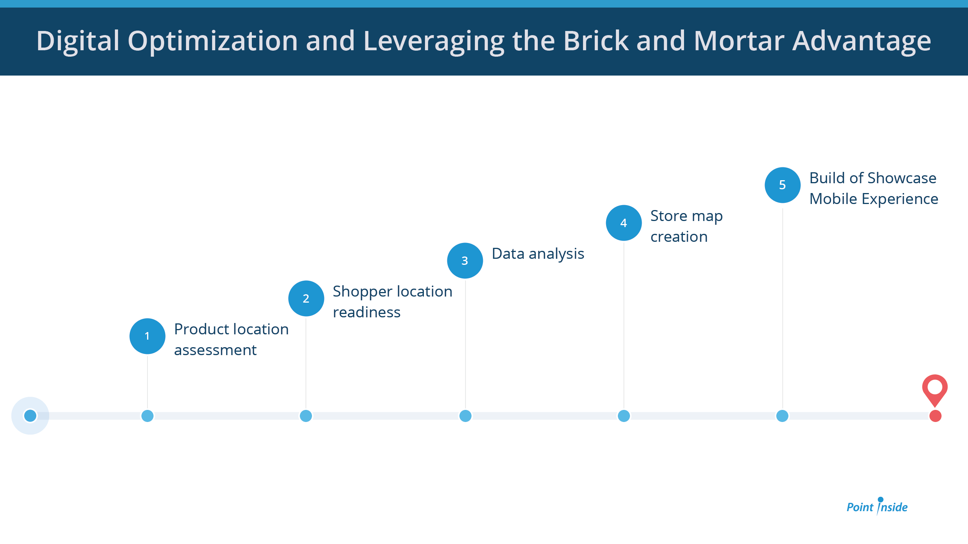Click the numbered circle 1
click(x=147, y=336)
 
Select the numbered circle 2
click(x=306, y=298)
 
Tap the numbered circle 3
click(x=465, y=261)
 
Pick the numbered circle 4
click(x=624, y=223)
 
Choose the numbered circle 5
click(x=783, y=185)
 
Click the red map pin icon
click(x=935, y=389)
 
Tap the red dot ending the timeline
click(x=935, y=416)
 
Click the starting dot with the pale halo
click(x=30, y=416)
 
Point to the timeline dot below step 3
click(x=465, y=416)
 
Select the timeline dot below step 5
click(x=782, y=416)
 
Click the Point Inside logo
click(x=877, y=506)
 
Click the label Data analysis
click(x=538, y=254)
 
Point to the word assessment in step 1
click(x=215, y=350)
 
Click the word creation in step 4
click(x=679, y=237)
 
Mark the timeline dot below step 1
click(x=147, y=416)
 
